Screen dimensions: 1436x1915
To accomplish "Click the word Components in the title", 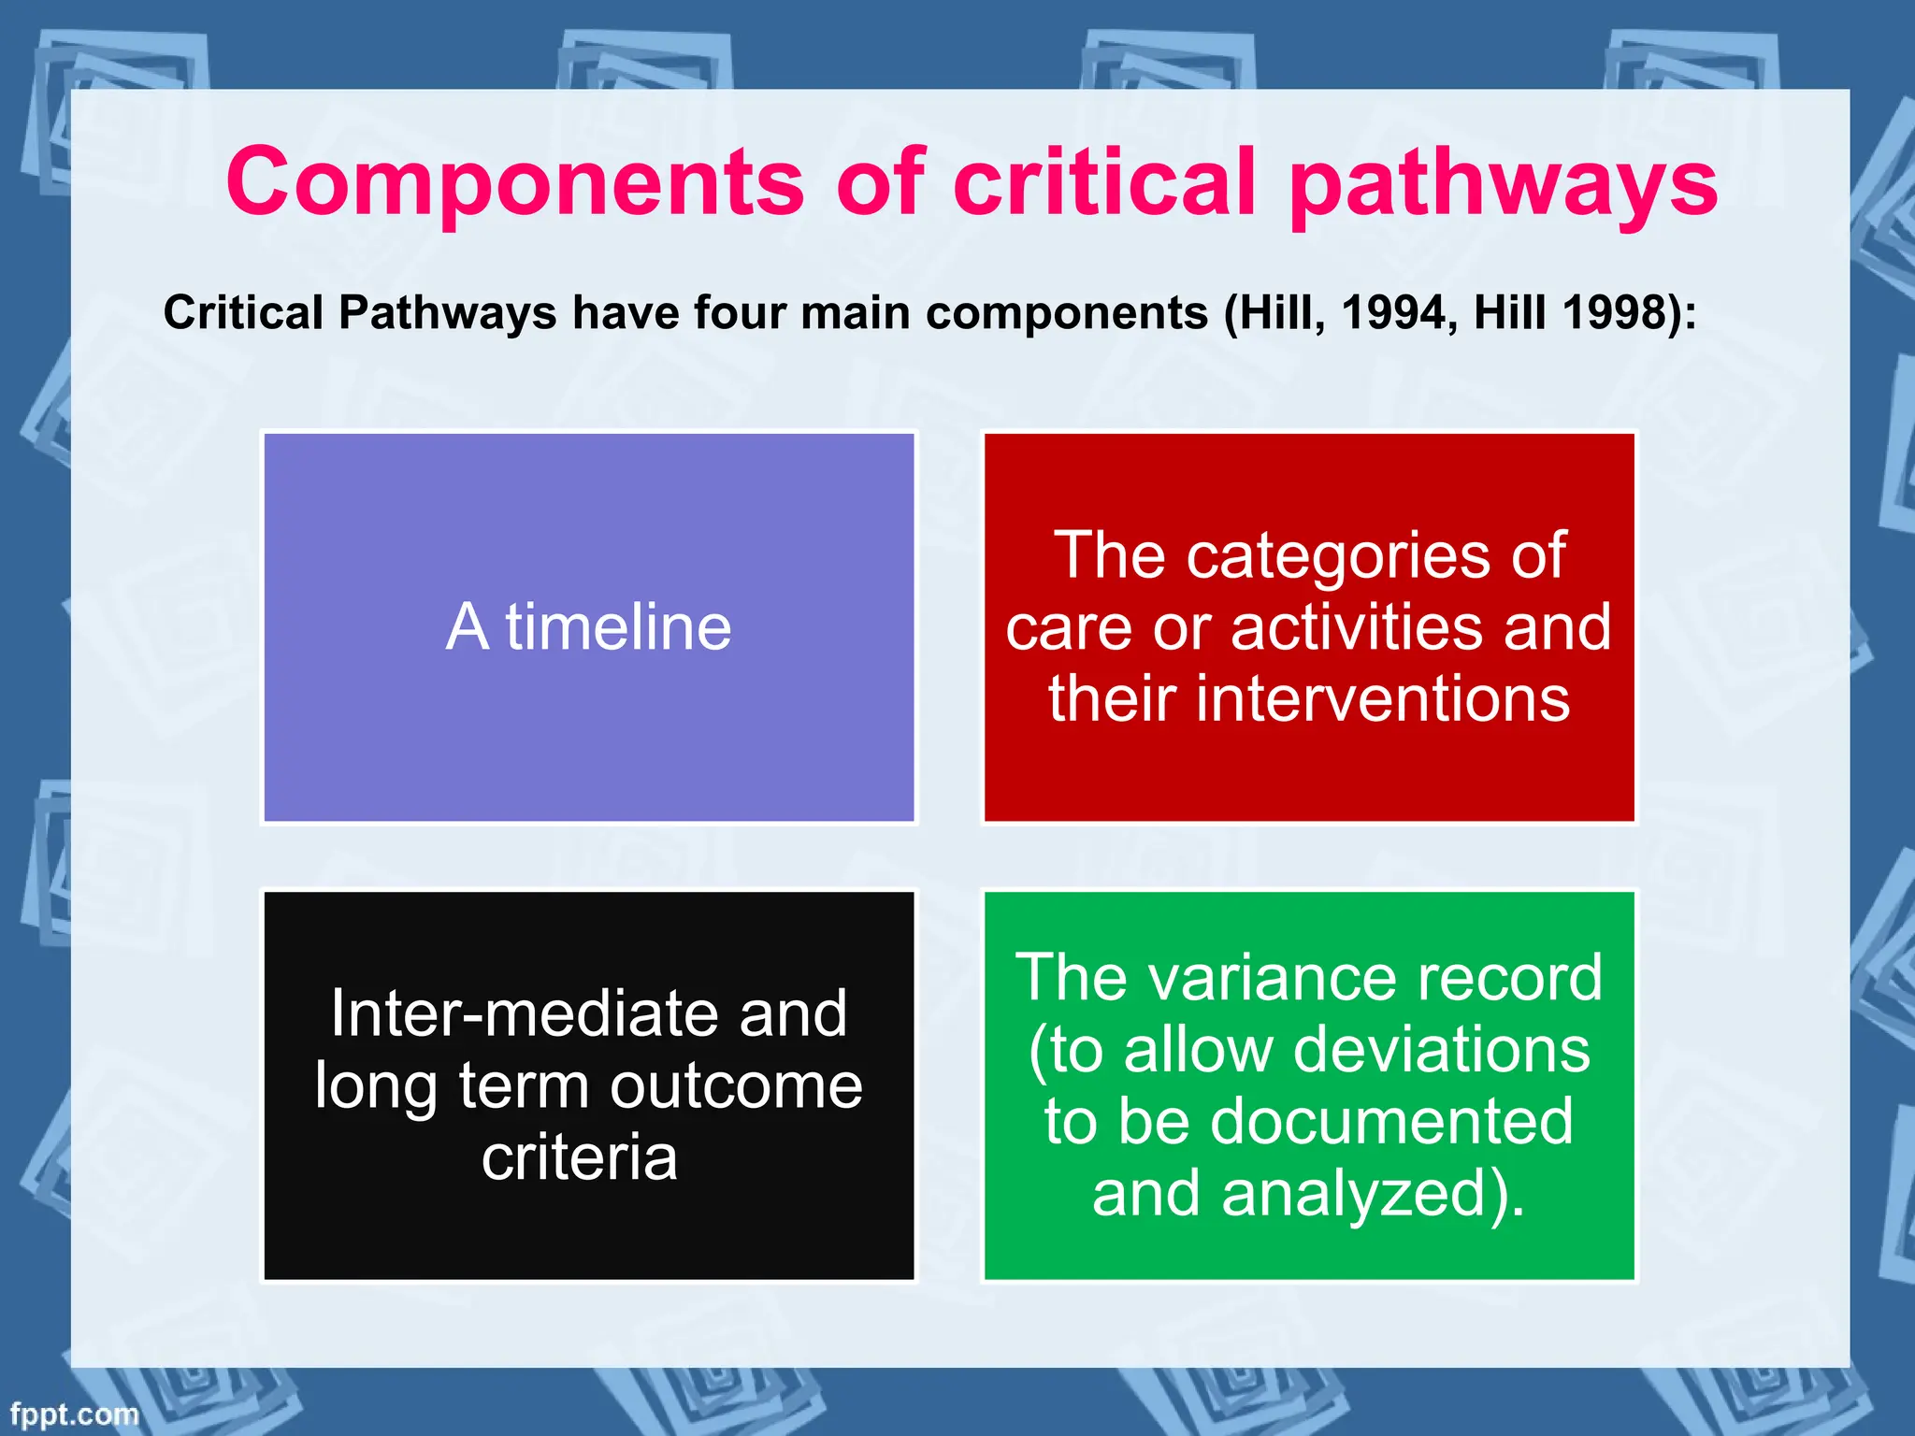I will (x=514, y=183).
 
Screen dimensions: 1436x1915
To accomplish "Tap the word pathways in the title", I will (x=1503, y=183).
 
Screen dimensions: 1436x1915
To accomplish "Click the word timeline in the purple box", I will (x=618, y=626).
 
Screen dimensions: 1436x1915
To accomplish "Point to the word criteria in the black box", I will (x=580, y=1157).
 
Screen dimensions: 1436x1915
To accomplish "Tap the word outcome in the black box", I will (x=736, y=1086).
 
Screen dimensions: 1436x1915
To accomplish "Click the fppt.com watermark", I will (x=74, y=1414).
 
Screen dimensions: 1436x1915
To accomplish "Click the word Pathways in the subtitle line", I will (x=447, y=312).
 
